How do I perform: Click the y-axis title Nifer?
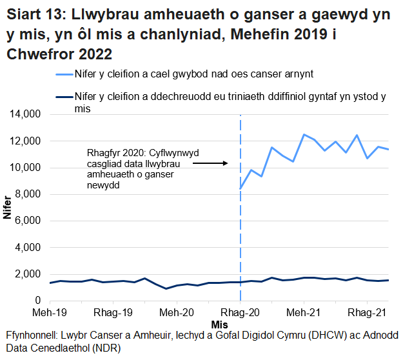[x=8, y=207]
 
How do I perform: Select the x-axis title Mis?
[x=219, y=323]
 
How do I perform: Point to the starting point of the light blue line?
[x=241, y=188]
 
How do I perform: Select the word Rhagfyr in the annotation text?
[x=105, y=154]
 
